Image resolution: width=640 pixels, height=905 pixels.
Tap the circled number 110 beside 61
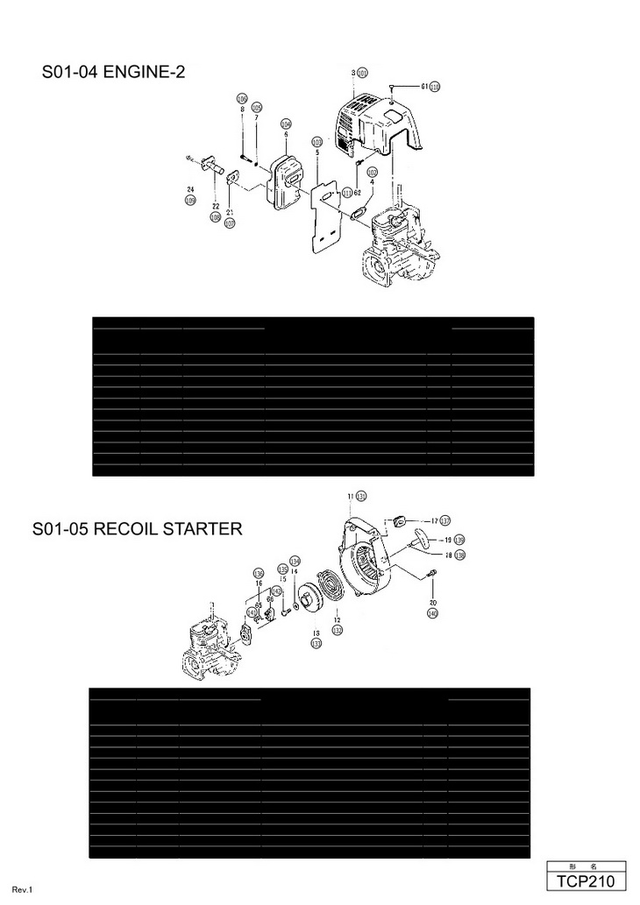tap(434, 87)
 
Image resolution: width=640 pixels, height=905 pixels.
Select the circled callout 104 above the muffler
tap(286, 124)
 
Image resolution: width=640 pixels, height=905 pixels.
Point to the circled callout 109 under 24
tap(190, 201)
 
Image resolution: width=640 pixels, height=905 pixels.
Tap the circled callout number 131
tap(360, 496)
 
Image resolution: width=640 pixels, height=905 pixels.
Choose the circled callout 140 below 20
tap(432, 614)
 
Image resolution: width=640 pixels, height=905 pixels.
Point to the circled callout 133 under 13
tap(316, 643)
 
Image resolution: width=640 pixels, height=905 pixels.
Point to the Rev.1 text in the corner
tap(23, 890)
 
